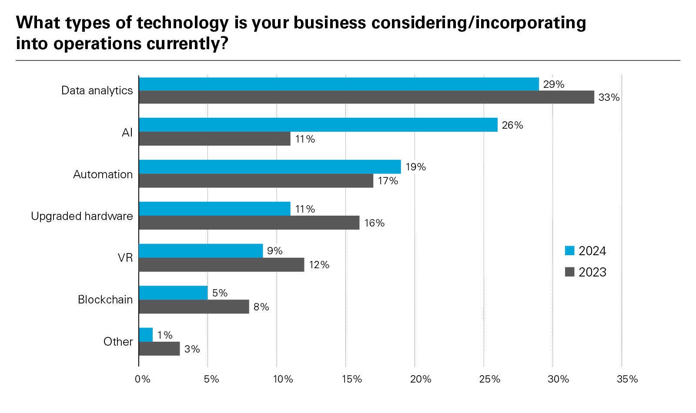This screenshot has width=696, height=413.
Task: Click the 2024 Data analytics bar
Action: (x=339, y=84)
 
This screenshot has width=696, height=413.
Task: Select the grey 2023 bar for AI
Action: (x=214, y=139)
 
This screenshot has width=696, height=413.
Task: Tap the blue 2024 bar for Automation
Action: (x=270, y=167)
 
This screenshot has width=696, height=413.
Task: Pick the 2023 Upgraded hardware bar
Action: (x=249, y=223)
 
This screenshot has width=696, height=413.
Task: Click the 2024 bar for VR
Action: (x=201, y=251)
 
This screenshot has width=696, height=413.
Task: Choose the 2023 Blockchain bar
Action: (x=194, y=306)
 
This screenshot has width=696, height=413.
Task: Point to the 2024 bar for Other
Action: (x=146, y=335)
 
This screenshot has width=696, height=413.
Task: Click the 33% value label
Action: (x=609, y=97)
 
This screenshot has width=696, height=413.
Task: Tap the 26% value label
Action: (x=512, y=125)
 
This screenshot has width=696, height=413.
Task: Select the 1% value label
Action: (x=165, y=335)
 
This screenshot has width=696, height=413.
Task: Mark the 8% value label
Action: (x=261, y=307)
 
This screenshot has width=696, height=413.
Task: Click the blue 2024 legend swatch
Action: (x=569, y=251)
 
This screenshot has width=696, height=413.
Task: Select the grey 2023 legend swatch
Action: (x=569, y=272)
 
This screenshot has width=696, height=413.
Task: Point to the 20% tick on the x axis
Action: (x=420, y=379)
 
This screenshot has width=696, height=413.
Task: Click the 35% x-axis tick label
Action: (x=627, y=379)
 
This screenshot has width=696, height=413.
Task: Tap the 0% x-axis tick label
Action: (x=142, y=379)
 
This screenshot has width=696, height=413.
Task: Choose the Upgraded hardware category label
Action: (x=82, y=216)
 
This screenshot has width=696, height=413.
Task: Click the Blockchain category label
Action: (x=105, y=300)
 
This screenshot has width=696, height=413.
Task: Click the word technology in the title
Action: (x=183, y=23)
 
